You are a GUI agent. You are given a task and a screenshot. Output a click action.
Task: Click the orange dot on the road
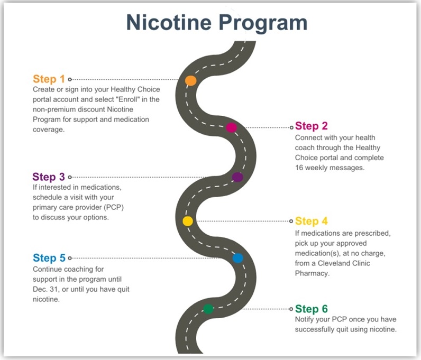click(x=190, y=80)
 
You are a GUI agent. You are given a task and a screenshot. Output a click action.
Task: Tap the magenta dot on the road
click(x=231, y=127)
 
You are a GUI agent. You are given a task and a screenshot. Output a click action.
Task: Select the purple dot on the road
click(x=237, y=177)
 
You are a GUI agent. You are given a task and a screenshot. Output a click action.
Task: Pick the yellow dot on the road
click(x=187, y=221)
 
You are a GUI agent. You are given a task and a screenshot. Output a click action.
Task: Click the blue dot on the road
click(x=237, y=258)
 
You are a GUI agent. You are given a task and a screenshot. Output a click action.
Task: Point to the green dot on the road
click(x=208, y=309)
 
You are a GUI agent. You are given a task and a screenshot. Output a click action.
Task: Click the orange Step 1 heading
click(x=49, y=79)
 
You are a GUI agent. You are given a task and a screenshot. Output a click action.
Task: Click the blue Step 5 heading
click(x=49, y=258)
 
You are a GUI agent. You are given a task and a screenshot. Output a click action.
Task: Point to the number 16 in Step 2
click(x=300, y=168)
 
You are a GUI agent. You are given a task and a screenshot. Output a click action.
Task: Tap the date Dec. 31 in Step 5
click(x=45, y=289)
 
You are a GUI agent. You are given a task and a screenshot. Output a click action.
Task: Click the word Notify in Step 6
click(x=305, y=320)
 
